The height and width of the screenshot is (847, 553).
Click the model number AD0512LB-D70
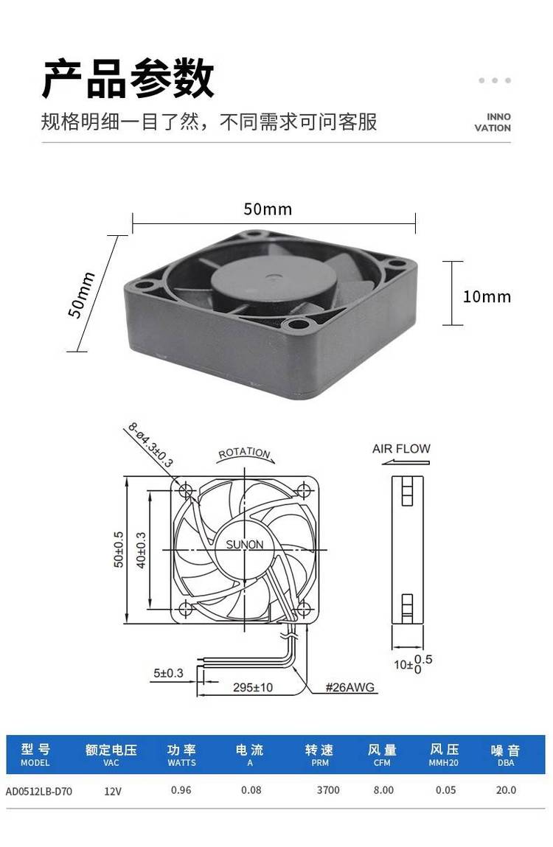point(39,792)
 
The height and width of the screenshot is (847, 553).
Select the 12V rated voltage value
point(113,792)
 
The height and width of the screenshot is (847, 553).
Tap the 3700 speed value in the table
point(328,790)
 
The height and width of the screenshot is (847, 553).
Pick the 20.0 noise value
point(506,790)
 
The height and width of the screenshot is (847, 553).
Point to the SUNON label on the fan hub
point(245,545)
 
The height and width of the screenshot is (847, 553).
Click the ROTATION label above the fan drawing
point(244,453)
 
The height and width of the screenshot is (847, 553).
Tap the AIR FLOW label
point(401,448)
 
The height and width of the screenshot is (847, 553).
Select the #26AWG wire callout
point(349,687)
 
